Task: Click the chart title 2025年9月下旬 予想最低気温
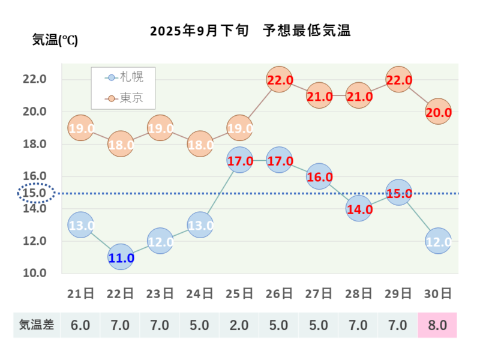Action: (250, 31)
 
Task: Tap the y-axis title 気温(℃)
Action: (55, 41)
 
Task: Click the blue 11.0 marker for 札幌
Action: (121, 257)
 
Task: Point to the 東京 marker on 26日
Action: (279, 80)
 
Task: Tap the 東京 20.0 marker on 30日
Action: (438, 112)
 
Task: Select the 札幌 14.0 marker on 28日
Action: (358, 209)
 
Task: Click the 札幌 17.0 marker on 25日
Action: (239, 161)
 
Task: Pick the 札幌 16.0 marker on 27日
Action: (319, 177)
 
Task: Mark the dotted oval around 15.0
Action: (35, 193)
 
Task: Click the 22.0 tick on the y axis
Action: (35, 79)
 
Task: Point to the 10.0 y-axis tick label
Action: (35, 273)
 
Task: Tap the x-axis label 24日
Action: (200, 293)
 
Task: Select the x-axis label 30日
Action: (438, 293)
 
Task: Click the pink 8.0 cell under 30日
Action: (437, 325)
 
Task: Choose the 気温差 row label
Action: (37, 325)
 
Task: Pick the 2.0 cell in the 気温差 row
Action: (239, 325)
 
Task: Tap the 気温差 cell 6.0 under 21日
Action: (80, 325)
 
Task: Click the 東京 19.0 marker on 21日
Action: (81, 128)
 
